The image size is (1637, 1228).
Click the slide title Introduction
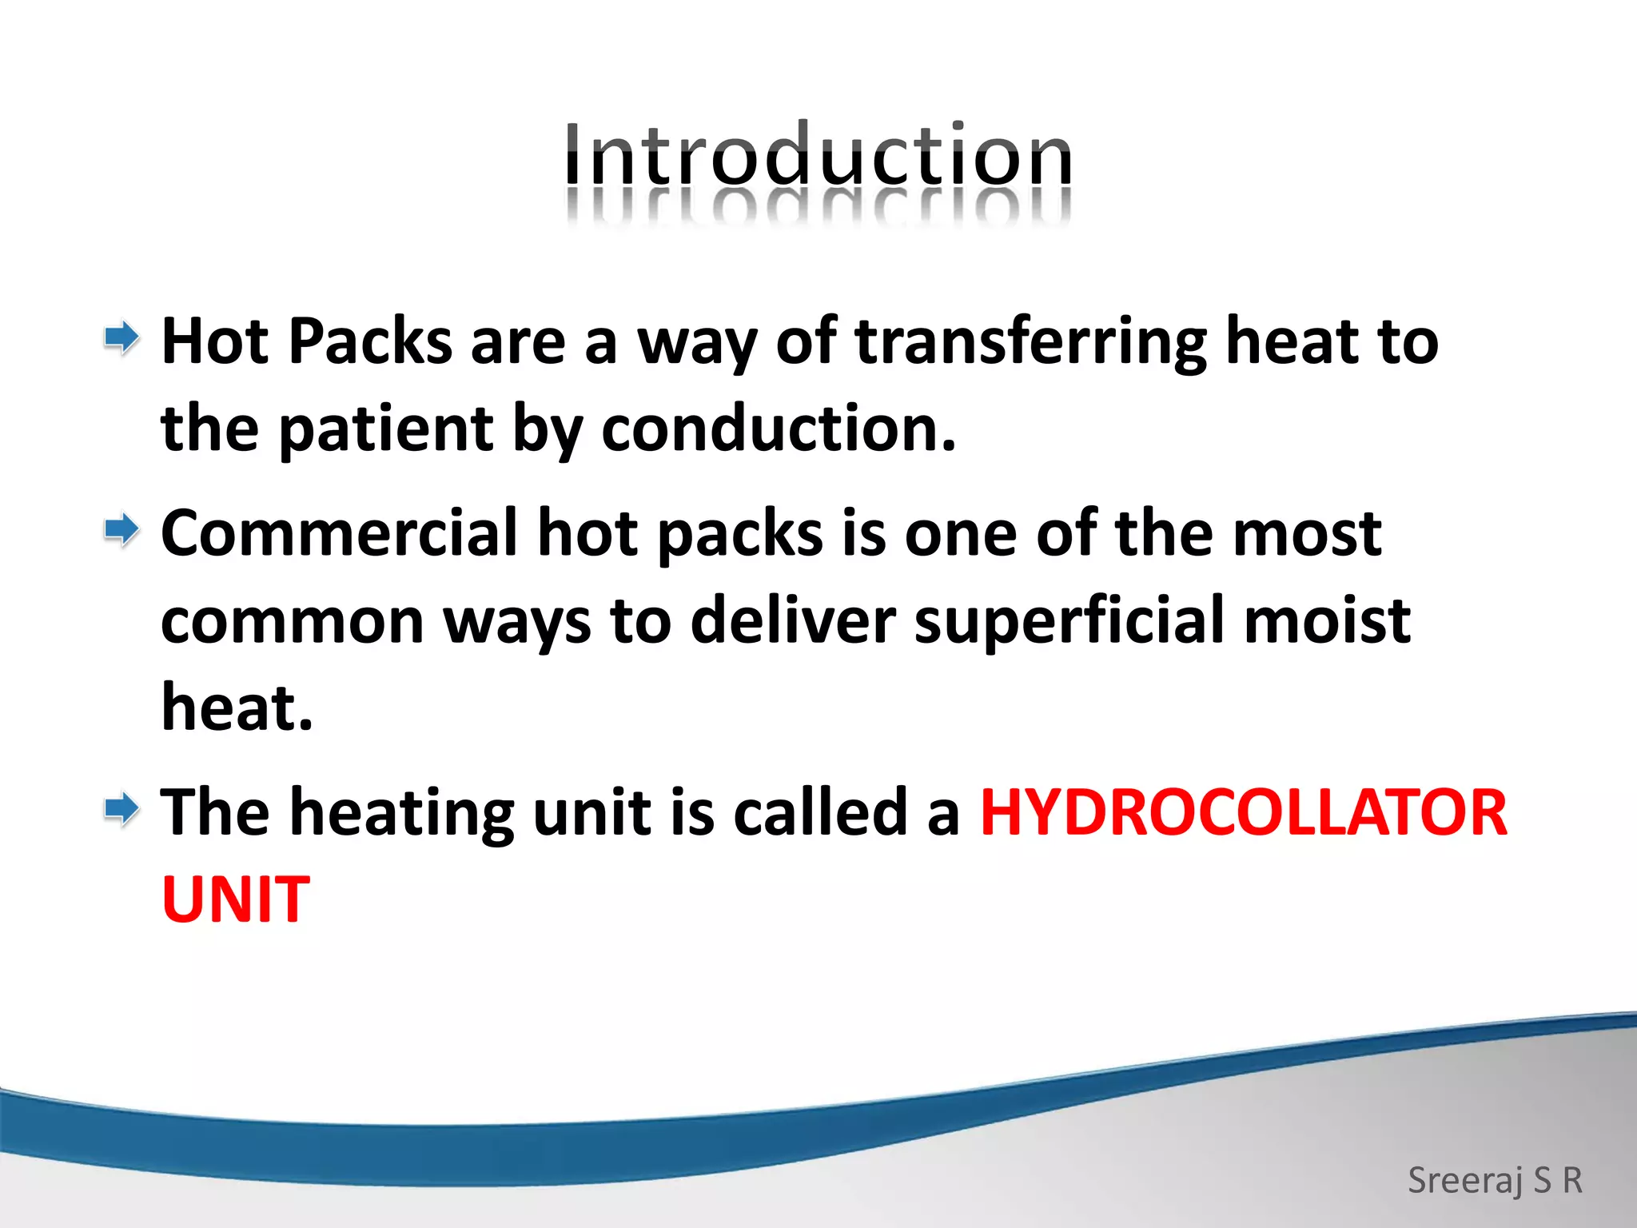[x=818, y=155]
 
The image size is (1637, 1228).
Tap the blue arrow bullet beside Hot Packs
[x=121, y=338]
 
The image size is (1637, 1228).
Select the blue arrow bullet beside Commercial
[x=121, y=530]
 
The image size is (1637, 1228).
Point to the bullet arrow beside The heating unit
[x=121, y=809]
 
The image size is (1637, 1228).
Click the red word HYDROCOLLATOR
[x=1243, y=813]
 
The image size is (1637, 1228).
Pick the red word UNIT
[x=235, y=900]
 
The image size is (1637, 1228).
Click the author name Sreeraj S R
[x=1495, y=1180]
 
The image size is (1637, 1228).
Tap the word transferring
[x=1030, y=342]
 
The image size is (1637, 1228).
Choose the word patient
[x=385, y=429]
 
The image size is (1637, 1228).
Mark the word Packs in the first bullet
[x=370, y=342]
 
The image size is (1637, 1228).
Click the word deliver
[x=792, y=620]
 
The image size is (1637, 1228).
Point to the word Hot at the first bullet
[x=215, y=342]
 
